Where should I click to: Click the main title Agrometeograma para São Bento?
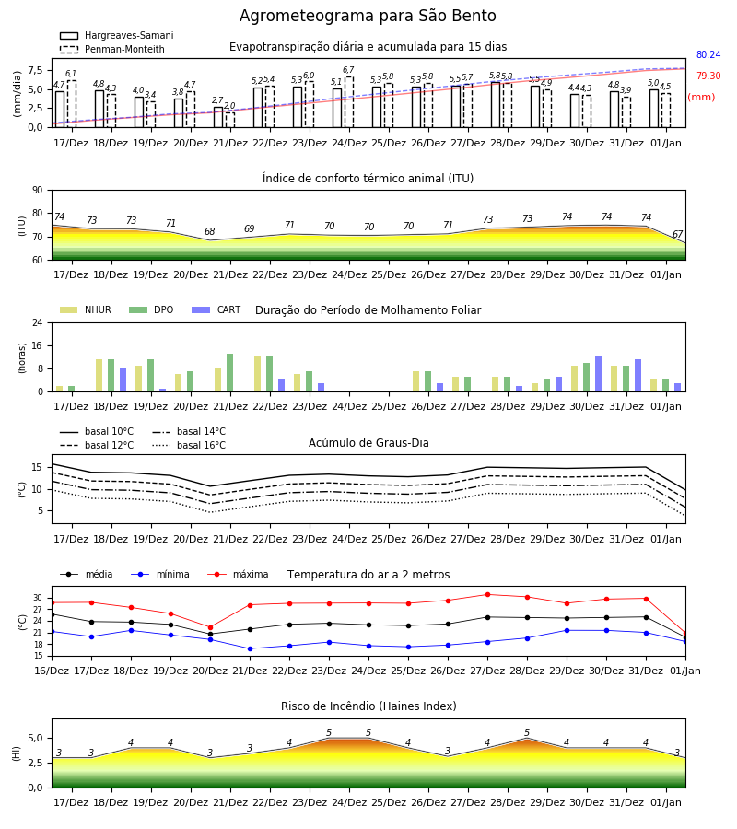(368, 16)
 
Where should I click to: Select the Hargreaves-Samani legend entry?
(116, 35)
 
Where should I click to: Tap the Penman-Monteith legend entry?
(112, 49)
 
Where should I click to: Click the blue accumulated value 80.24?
(708, 54)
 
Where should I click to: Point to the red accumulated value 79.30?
(708, 76)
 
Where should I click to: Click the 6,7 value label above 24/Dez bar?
(348, 70)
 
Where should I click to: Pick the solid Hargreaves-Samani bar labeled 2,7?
(218, 117)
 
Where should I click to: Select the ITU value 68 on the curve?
(210, 231)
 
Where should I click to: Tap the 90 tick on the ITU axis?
(38, 191)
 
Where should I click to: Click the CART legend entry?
(216, 309)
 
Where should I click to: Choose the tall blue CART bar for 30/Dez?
(599, 374)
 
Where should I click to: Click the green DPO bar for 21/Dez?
(230, 373)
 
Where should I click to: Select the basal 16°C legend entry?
(189, 445)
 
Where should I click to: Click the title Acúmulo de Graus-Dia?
(368, 443)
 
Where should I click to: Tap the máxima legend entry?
(239, 574)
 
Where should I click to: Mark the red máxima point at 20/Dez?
(210, 627)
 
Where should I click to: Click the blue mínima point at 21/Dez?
(250, 648)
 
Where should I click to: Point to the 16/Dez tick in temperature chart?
(52, 671)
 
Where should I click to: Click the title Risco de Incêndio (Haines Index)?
(368, 706)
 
